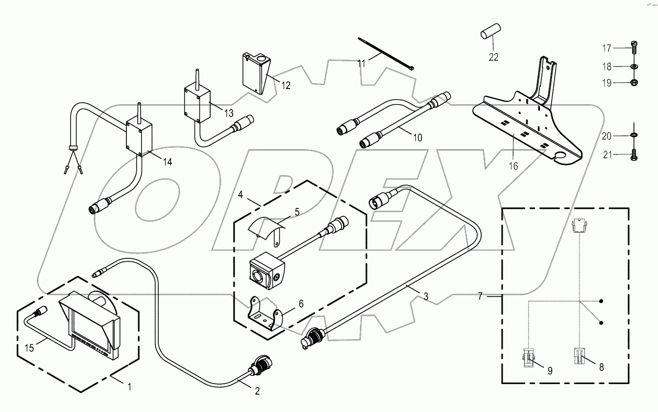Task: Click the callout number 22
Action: [493, 57]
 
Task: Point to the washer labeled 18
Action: [634, 66]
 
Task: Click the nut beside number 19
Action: [634, 83]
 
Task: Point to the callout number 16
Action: [513, 166]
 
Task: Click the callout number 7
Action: [480, 296]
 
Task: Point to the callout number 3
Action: [426, 296]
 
